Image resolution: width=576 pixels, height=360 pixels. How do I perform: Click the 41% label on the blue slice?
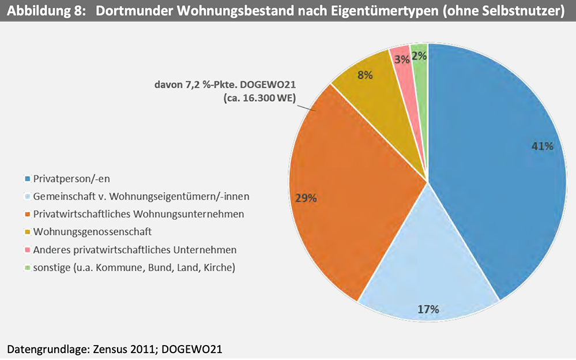(x=542, y=147)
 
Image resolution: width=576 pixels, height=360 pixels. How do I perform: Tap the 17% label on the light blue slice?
(x=428, y=309)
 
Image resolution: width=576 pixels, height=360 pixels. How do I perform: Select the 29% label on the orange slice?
(x=306, y=198)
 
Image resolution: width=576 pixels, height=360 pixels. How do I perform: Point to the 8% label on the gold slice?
(x=365, y=76)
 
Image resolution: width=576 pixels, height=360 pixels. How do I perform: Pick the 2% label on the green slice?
(x=419, y=56)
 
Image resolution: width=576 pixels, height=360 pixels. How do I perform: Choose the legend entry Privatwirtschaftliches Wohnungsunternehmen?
(x=138, y=214)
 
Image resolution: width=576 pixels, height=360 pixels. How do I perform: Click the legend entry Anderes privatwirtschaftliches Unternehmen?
(x=135, y=250)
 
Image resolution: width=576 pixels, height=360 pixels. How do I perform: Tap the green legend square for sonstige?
(x=27, y=268)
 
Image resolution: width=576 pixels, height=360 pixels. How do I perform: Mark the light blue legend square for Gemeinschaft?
(x=27, y=197)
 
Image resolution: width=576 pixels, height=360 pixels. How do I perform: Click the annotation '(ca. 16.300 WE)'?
(x=260, y=98)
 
